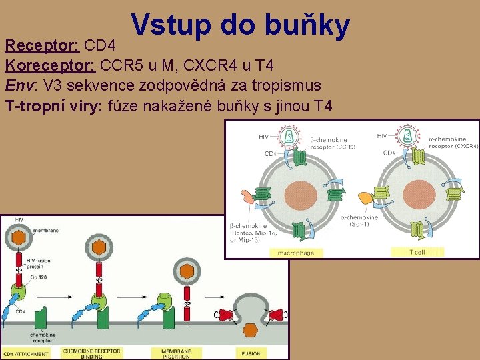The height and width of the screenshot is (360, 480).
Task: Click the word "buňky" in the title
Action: point(307,25)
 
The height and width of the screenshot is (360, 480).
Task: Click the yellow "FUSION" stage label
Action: point(251,353)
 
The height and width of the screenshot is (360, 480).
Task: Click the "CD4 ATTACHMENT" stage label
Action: point(27,353)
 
